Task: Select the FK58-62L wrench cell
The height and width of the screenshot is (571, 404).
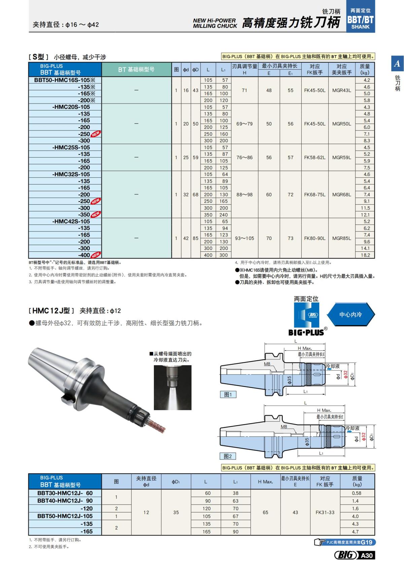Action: pos(314,157)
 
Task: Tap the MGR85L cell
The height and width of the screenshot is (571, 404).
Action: pos(341,238)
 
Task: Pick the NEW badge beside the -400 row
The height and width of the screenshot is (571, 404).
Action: pos(96,255)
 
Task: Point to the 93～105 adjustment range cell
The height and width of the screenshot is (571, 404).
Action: pos(244,238)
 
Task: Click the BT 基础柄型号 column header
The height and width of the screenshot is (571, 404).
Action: pos(136,69)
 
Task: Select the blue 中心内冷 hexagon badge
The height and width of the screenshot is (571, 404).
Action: pos(350,315)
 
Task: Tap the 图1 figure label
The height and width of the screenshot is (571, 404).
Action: pos(228,394)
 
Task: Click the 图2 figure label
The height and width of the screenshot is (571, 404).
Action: pos(228,456)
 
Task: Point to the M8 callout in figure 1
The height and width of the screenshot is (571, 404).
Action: pos(267,364)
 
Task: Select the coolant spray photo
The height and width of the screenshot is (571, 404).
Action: pos(172,387)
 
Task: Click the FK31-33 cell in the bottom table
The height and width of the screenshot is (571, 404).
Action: pos(325,512)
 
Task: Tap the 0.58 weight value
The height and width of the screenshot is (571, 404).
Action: pos(357,493)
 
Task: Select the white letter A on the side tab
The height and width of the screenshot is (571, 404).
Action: pos(397,63)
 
